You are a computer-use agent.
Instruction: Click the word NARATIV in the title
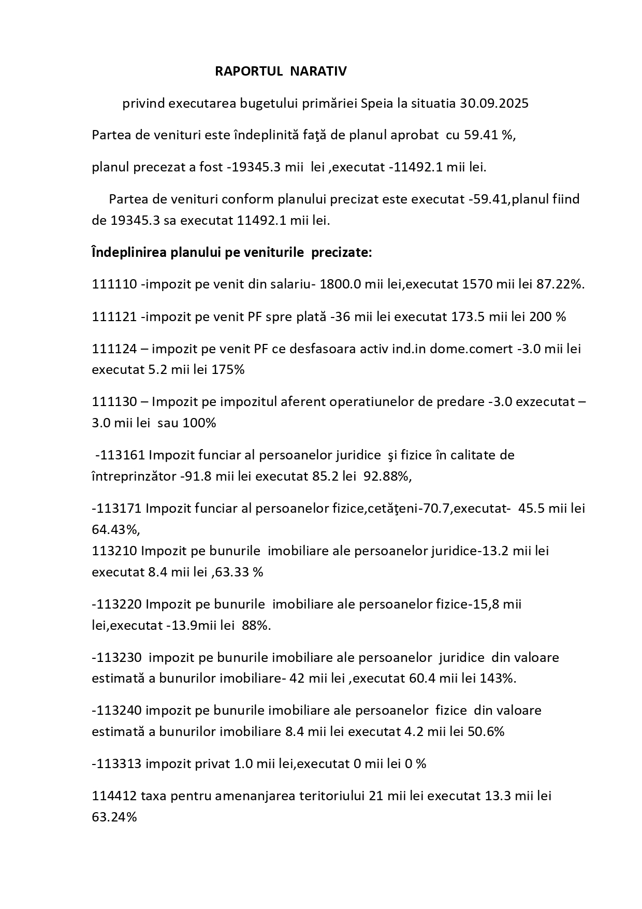tap(318, 71)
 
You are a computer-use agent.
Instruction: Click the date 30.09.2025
tap(494, 104)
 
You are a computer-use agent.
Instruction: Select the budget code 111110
tap(114, 284)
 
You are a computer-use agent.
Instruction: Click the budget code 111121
tap(114, 316)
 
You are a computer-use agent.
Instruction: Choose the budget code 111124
tap(114, 349)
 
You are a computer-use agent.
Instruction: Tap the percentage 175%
tap(228, 370)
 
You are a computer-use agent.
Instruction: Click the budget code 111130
tap(114, 402)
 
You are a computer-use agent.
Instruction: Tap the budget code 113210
tap(114, 551)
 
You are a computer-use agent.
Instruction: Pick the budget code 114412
tap(114, 796)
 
